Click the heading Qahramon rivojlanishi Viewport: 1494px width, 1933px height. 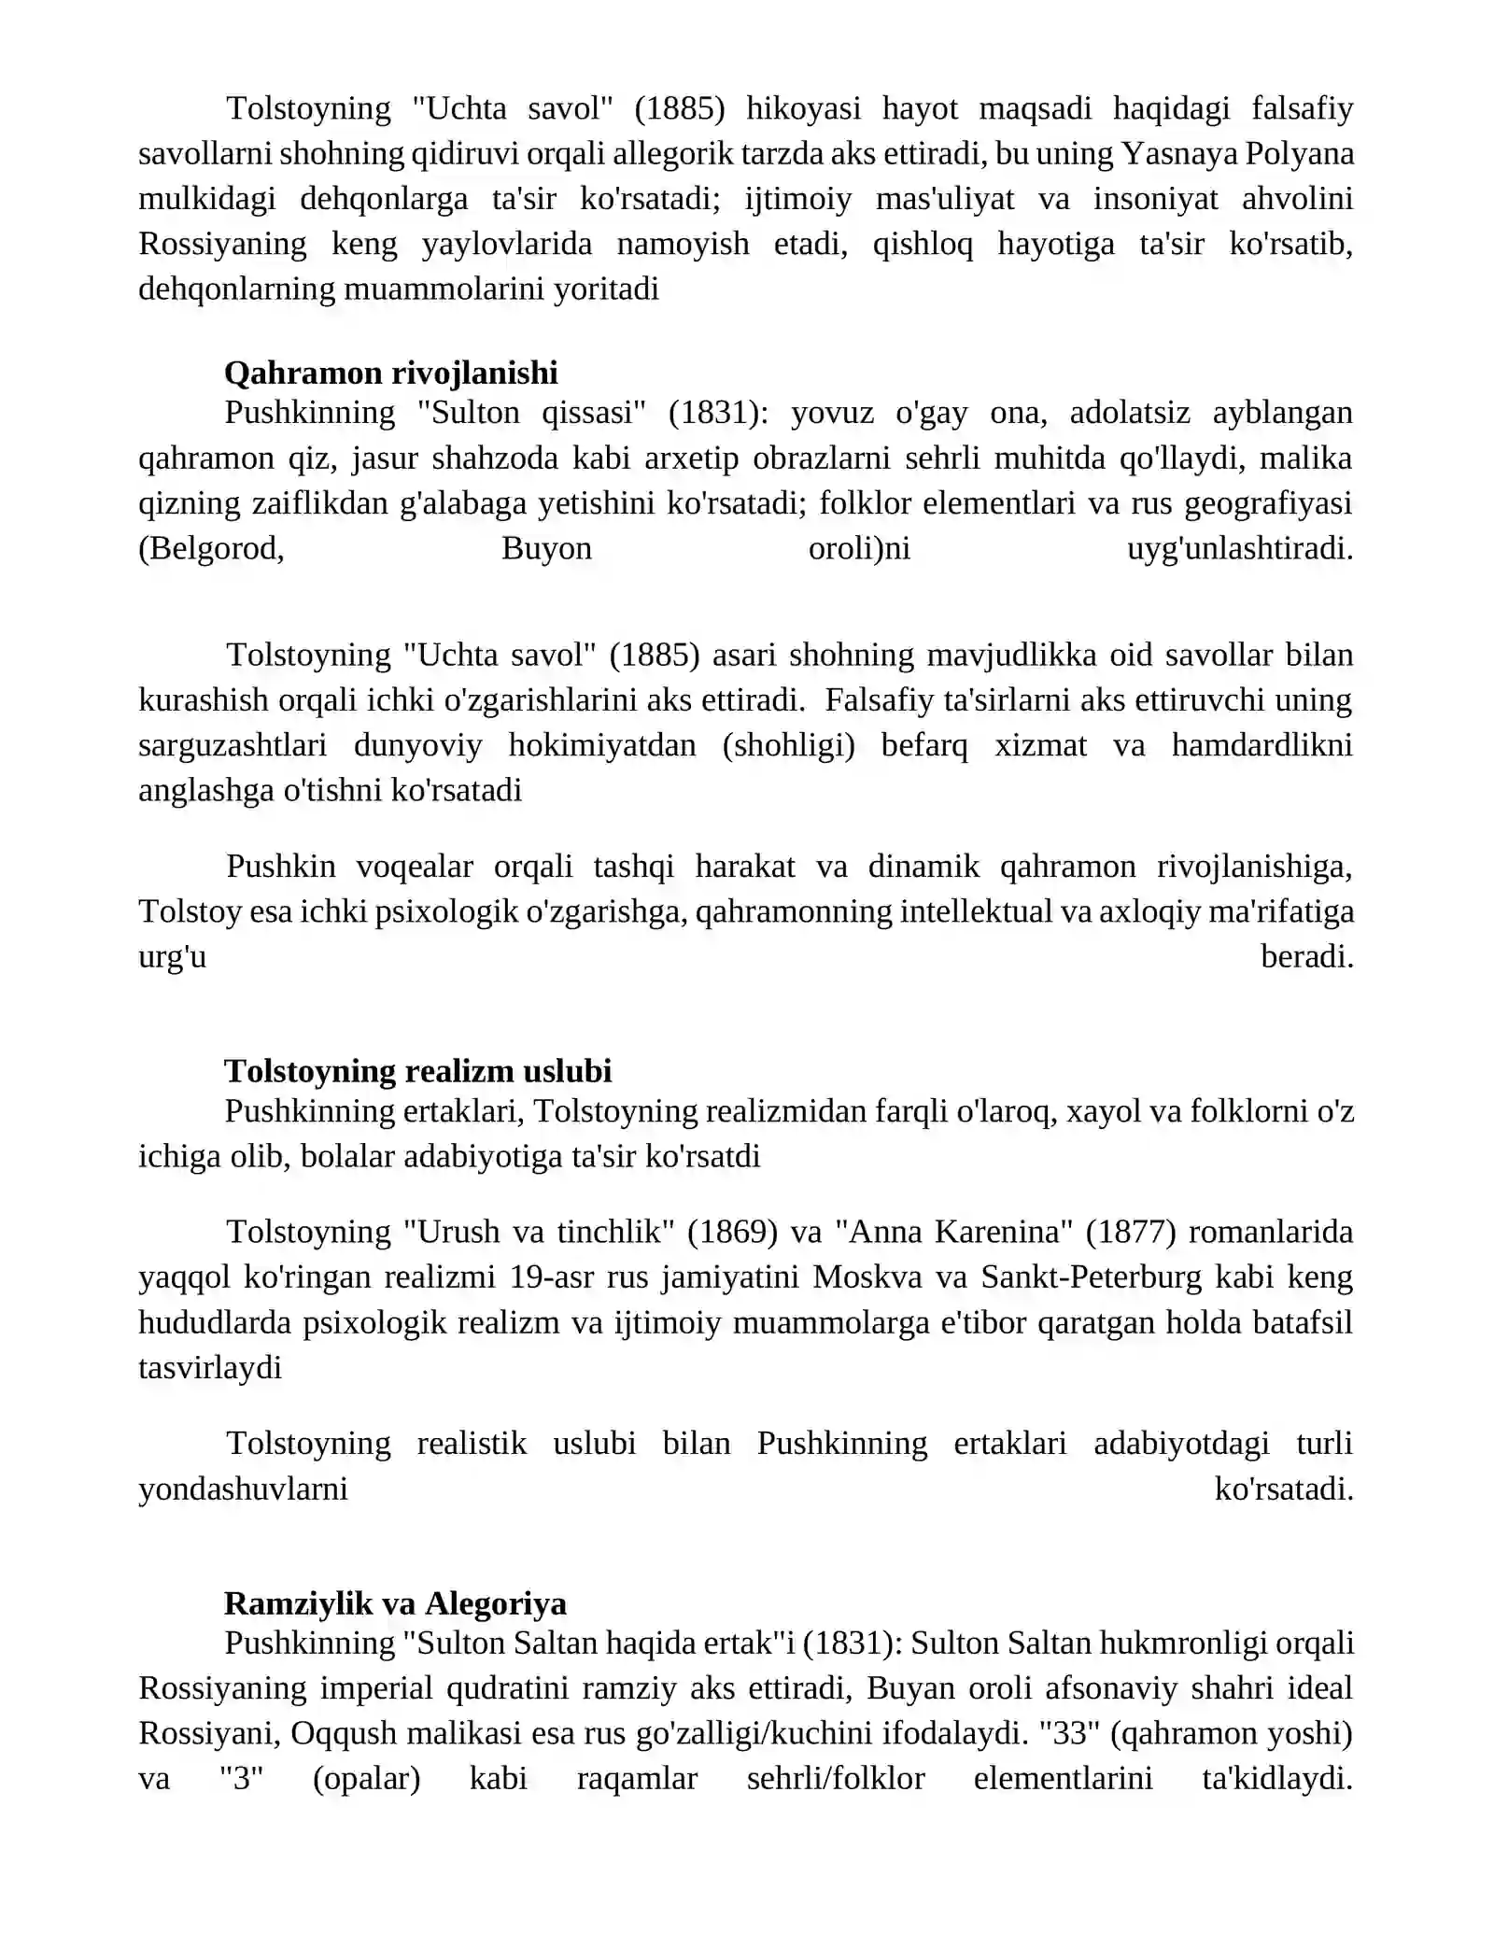390,374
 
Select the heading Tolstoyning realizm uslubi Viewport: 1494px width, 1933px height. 417,1071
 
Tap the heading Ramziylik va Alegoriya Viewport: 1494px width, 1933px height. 395,1603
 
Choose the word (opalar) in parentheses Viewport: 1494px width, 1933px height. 366,1778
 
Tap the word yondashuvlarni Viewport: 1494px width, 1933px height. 243,1489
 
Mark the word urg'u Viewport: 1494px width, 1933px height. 172,957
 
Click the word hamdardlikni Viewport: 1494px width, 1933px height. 1261,745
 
